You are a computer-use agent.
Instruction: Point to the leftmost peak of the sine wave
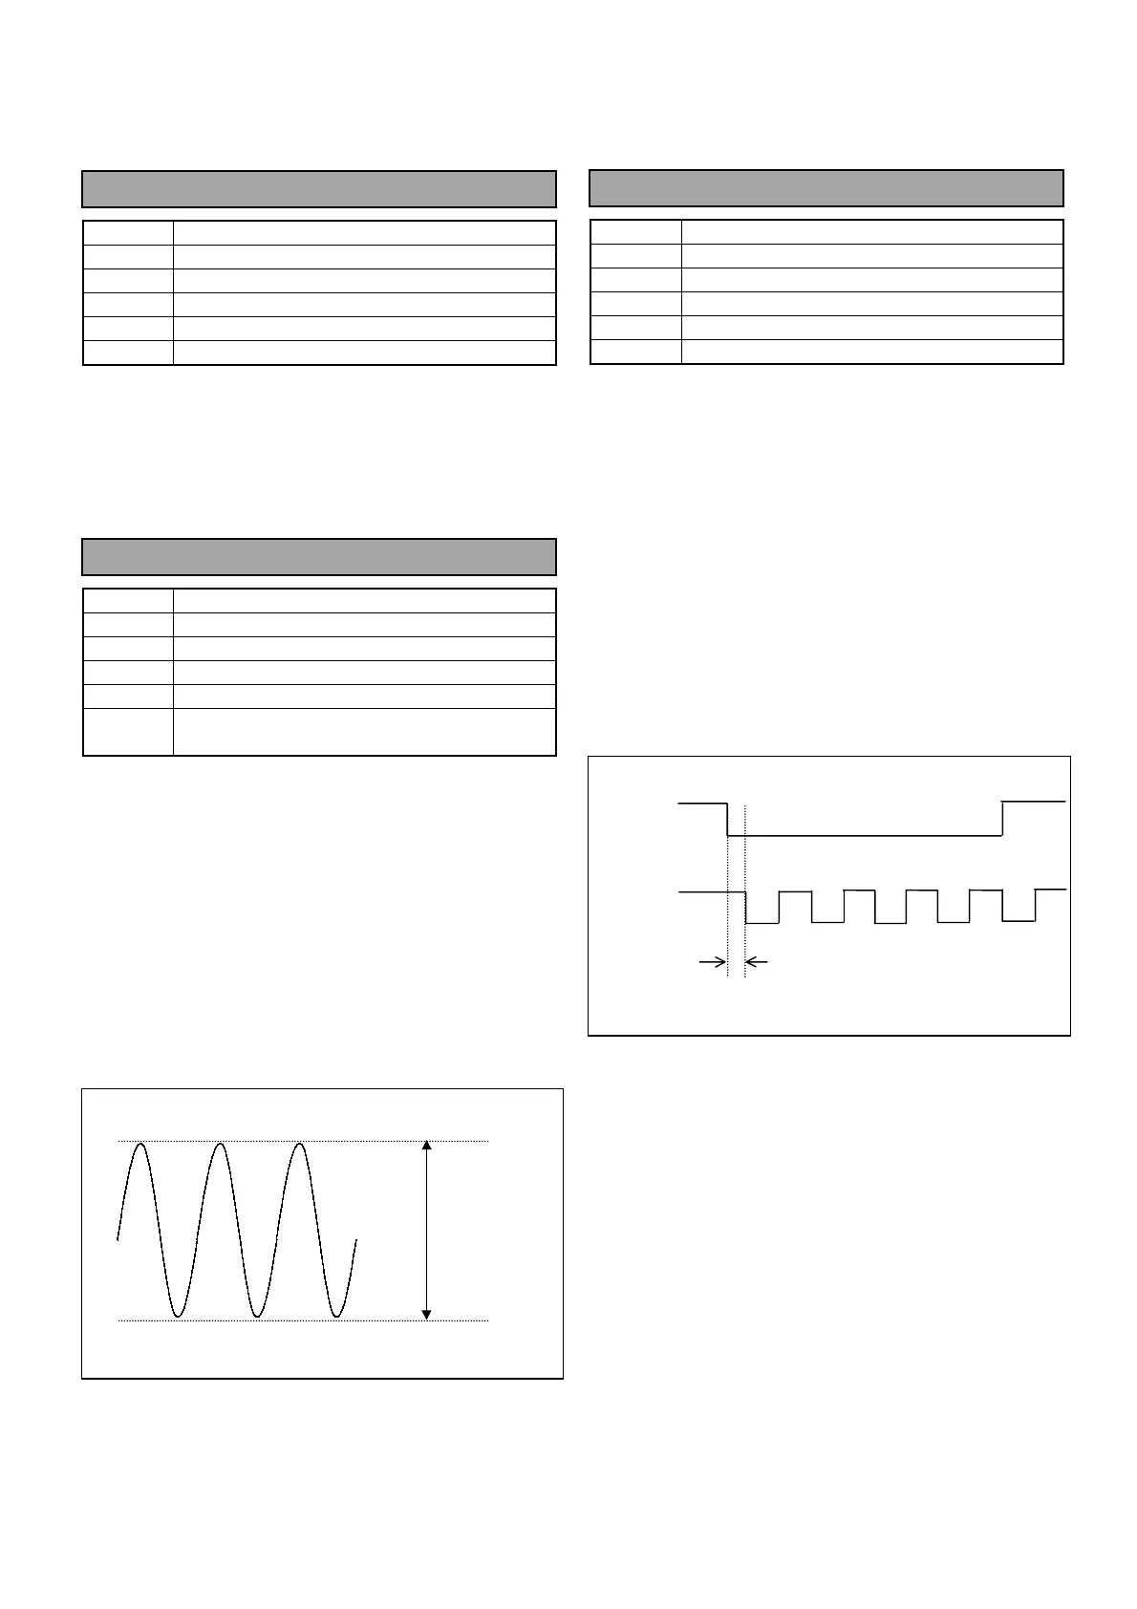pos(139,1144)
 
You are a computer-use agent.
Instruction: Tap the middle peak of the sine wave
pos(220,1144)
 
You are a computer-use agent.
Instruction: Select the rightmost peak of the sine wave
pos(300,1144)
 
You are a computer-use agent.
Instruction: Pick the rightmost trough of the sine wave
pos(336,1317)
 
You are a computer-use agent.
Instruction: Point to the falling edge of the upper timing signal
pos(728,819)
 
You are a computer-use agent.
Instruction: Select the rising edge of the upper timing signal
pos(1001,819)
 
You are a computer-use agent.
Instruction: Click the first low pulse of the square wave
pos(762,922)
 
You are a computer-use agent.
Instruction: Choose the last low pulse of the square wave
pos(1018,921)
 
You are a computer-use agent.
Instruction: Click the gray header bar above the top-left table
pos(319,189)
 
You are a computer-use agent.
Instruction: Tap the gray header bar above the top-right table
pos(826,188)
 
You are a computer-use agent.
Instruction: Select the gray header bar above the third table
pos(319,557)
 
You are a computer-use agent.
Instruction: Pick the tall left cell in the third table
pos(128,732)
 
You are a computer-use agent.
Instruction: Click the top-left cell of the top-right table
pos(635,232)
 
